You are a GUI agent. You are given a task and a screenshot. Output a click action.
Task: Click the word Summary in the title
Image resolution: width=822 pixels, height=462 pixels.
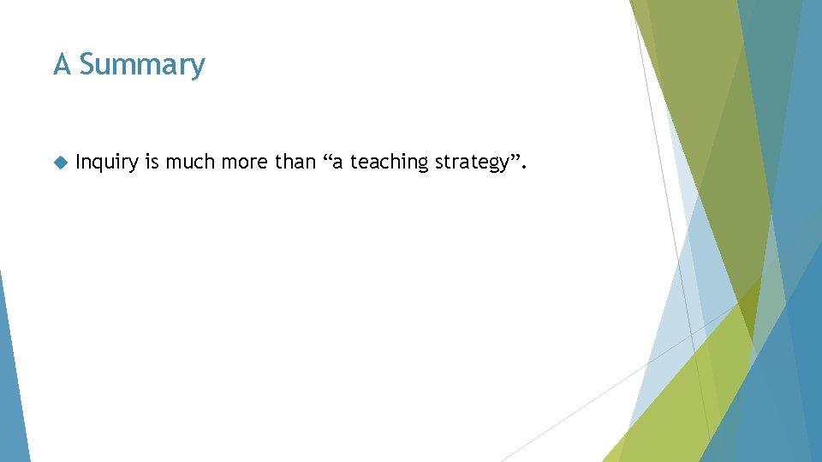click(142, 65)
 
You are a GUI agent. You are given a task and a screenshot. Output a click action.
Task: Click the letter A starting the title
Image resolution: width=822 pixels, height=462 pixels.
click(62, 64)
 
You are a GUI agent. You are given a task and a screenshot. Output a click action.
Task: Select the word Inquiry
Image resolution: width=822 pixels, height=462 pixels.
click(106, 163)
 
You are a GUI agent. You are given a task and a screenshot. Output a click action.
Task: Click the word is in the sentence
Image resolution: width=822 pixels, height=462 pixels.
click(152, 162)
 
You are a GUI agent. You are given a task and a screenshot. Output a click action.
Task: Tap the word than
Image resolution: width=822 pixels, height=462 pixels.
click(295, 162)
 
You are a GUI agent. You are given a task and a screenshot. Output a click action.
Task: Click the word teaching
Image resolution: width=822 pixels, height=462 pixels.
click(390, 163)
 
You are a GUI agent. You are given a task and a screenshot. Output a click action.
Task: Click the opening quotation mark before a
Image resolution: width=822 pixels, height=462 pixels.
click(328, 157)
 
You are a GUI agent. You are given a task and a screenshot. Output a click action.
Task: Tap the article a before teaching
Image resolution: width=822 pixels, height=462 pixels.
click(339, 163)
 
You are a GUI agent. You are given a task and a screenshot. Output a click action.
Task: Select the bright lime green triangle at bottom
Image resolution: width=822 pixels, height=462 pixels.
click(676, 402)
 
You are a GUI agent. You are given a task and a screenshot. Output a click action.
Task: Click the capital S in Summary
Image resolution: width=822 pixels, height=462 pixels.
click(88, 64)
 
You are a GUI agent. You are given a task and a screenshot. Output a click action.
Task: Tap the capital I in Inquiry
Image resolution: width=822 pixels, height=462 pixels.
click(78, 162)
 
